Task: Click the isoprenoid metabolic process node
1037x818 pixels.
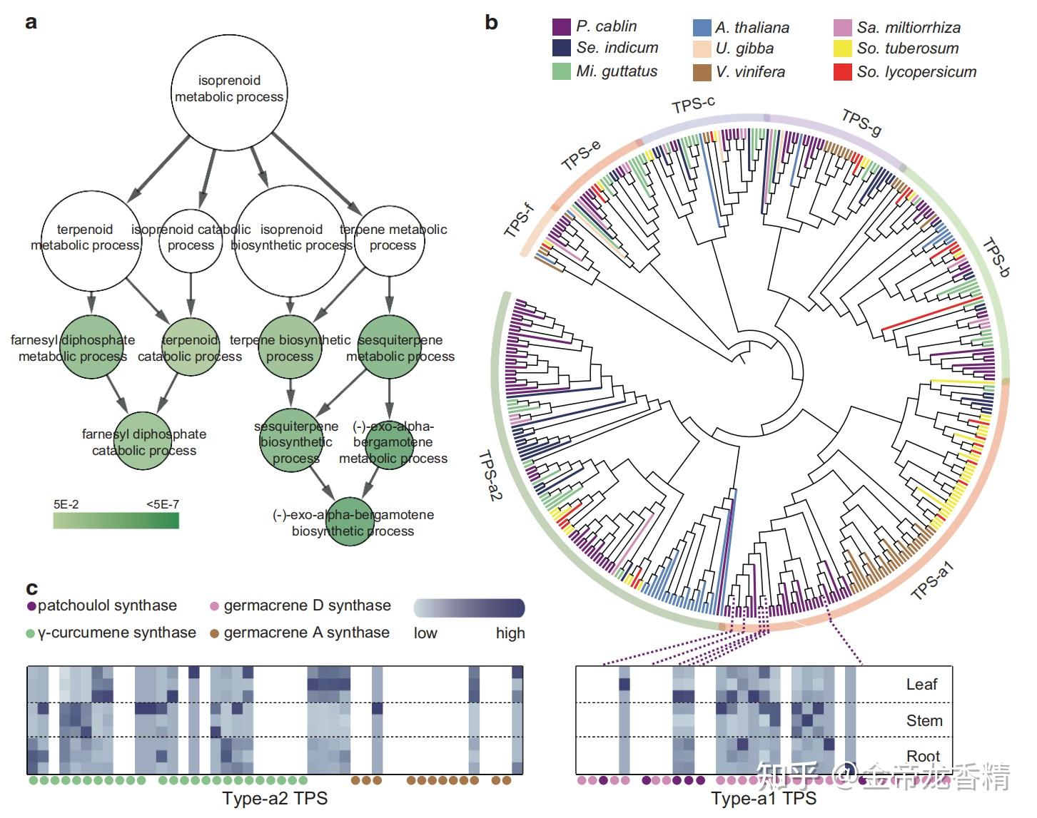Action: click(229, 93)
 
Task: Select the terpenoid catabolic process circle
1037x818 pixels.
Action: click(191, 347)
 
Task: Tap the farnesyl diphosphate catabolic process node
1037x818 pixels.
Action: click(143, 441)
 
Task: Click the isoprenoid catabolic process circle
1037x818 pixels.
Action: click(191, 240)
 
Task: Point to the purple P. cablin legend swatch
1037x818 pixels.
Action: click(562, 26)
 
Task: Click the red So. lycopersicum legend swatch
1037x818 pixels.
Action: click(843, 72)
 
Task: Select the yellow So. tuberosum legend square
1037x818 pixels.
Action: click(843, 48)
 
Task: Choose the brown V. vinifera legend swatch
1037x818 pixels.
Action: click(702, 72)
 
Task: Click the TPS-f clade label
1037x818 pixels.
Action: click(520, 220)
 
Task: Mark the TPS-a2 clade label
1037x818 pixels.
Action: click(490, 476)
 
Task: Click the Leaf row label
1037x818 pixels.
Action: click(921, 684)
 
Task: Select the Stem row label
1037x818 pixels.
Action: click(924, 721)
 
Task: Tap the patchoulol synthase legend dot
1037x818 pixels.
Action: click(32, 606)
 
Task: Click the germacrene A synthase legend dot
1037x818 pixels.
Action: click(214, 633)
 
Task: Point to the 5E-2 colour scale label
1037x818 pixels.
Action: click(66, 504)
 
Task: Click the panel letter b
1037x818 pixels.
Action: click(492, 22)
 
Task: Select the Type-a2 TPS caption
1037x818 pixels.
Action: click(275, 798)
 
